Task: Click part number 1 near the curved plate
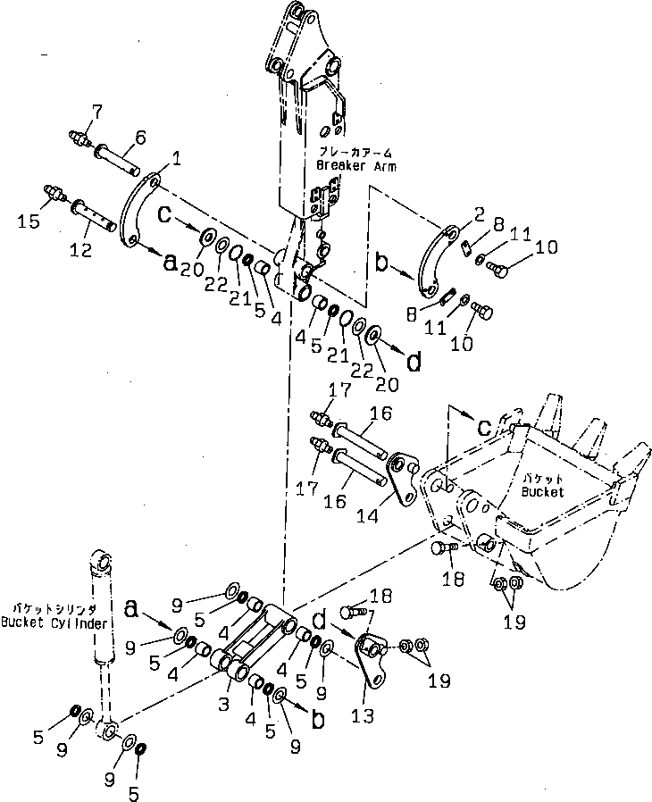[177, 158]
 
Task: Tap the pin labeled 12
[94, 214]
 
